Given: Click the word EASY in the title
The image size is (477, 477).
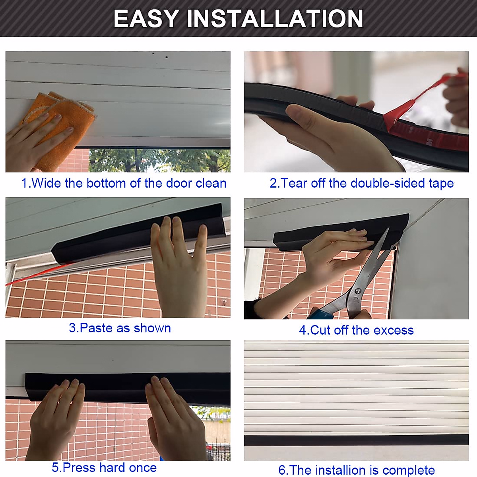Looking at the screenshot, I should click(x=146, y=18).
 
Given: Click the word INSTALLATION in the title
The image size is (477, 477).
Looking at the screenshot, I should click(x=275, y=18).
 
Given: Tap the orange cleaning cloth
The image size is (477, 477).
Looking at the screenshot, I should click(x=64, y=119).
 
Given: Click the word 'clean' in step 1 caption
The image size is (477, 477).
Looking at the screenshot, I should click(x=211, y=183).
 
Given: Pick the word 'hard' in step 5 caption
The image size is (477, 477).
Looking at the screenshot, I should click(x=113, y=467).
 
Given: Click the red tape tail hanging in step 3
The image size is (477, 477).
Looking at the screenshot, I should click(x=36, y=274).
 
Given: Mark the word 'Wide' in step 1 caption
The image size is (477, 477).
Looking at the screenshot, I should click(x=46, y=183).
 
